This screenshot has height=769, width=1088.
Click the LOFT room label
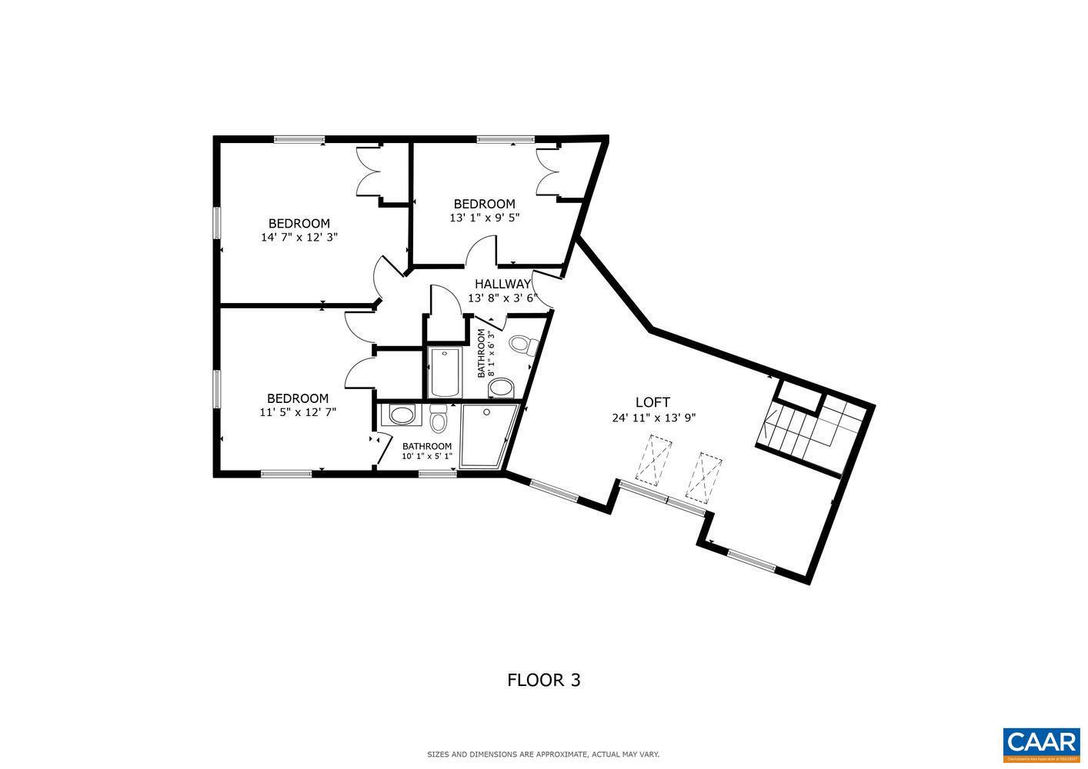pos(652,402)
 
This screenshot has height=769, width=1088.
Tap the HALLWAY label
pos(502,284)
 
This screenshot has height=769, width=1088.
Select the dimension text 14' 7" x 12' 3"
pos(299,238)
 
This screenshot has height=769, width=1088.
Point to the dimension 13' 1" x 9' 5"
pos(484,218)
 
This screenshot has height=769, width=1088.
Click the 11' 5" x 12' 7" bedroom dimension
pos(298,412)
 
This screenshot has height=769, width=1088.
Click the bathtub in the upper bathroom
pos(444,372)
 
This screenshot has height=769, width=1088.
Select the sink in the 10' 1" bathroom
pos(401,416)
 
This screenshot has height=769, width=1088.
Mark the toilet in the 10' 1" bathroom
pos(439,421)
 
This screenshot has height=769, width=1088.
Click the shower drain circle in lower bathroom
pos(486,412)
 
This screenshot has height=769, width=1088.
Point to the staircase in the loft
pos(808,427)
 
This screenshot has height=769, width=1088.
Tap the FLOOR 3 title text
pos(543,680)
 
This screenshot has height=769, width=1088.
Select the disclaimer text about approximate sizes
pos(543,754)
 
